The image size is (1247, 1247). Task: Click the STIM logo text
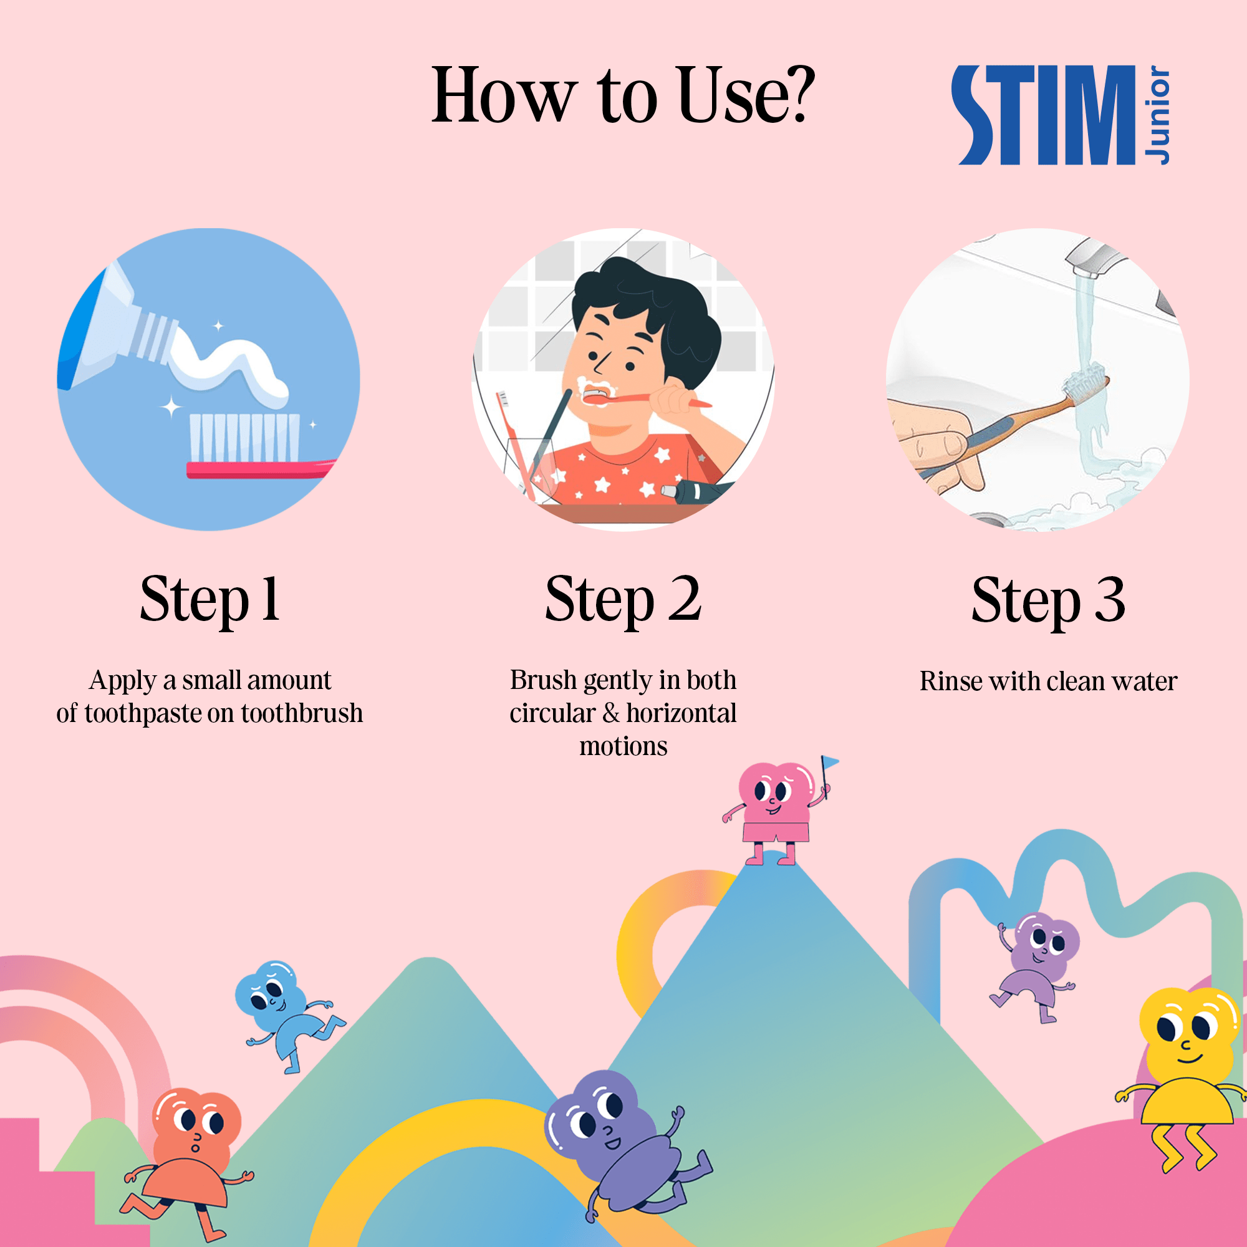click(1043, 115)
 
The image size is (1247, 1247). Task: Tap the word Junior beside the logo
click(1157, 115)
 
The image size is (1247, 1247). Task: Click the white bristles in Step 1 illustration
click(244, 437)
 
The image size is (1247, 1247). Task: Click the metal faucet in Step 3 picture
click(1097, 259)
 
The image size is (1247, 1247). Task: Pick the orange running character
click(187, 1162)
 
